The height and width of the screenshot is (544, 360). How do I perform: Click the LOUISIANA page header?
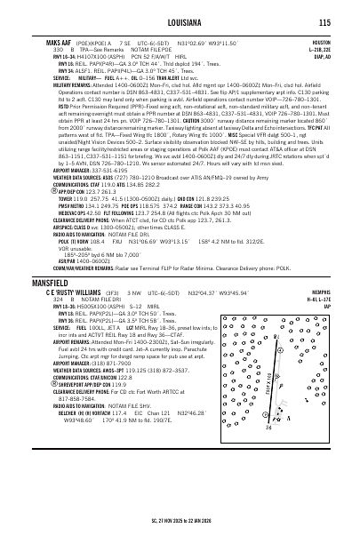[180, 9]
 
